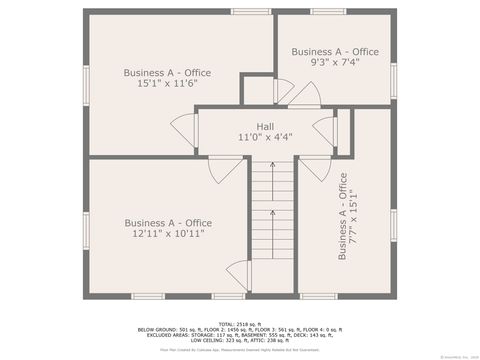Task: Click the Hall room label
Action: [264, 126]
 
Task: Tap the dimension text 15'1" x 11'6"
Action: [160, 83]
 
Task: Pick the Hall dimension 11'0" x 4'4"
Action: [264, 137]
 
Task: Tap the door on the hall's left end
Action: [184, 128]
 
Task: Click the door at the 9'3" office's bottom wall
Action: [304, 96]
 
